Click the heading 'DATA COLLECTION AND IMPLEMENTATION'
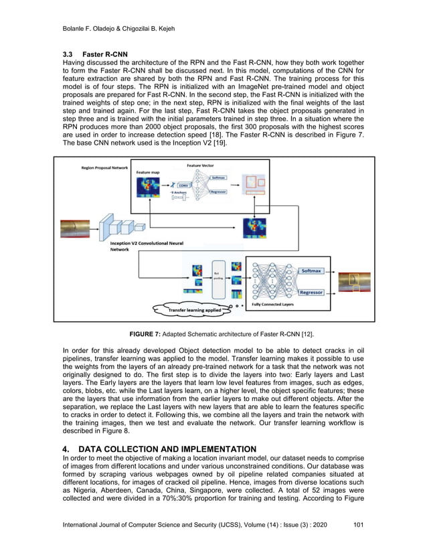157,448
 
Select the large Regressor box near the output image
313,292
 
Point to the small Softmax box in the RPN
218,178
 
